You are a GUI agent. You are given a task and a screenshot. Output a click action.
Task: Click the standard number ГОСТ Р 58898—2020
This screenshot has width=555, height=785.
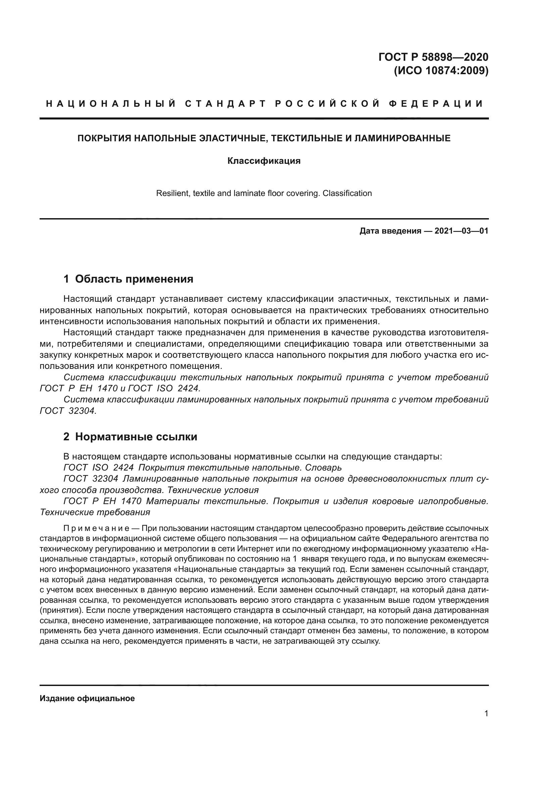point(433,57)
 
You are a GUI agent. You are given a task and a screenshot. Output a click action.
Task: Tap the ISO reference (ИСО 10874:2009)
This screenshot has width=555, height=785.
point(441,71)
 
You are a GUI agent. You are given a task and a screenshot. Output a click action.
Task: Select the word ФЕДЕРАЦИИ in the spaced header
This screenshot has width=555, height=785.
point(437,104)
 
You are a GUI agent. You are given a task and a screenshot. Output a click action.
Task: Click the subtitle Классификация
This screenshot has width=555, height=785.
point(264,161)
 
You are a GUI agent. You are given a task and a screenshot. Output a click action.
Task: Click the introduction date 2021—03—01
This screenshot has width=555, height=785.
point(461,231)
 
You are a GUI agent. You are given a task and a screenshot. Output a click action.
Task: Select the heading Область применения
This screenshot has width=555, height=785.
point(134,279)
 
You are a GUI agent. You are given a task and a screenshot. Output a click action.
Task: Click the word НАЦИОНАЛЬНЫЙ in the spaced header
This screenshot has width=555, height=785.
point(111,104)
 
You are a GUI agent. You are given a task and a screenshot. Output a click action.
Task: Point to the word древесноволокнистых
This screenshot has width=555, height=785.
point(391,479)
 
